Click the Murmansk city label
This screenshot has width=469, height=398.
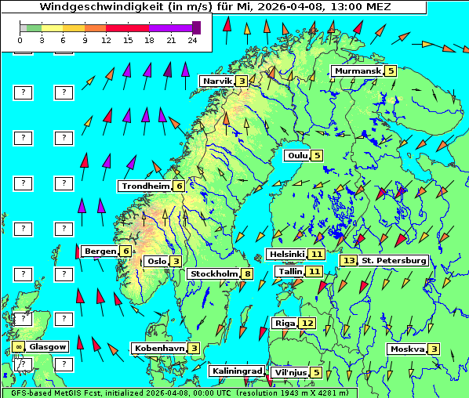click(x=357, y=71)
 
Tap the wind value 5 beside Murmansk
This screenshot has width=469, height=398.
click(x=390, y=71)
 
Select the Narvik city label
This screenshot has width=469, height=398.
click(x=218, y=81)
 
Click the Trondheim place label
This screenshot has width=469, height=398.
click(x=145, y=186)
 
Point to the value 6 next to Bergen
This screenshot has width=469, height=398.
click(x=125, y=251)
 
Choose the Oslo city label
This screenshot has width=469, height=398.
click(x=157, y=262)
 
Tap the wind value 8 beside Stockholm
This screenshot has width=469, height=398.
click(x=247, y=273)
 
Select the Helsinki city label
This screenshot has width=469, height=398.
click(x=286, y=254)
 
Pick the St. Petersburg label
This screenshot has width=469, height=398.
click(x=393, y=260)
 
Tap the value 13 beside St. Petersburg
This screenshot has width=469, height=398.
click(x=348, y=260)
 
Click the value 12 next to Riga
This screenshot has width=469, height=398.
click(x=307, y=323)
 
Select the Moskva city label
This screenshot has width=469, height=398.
click(x=407, y=349)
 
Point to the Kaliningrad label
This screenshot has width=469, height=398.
click(x=237, y=371)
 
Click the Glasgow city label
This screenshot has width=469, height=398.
click(x=48, y=346)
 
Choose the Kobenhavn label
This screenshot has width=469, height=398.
click(x=159, y=348)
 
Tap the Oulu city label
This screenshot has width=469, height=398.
click(x=296, y=155)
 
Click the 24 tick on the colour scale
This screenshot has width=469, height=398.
click(x=192, y=39)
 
